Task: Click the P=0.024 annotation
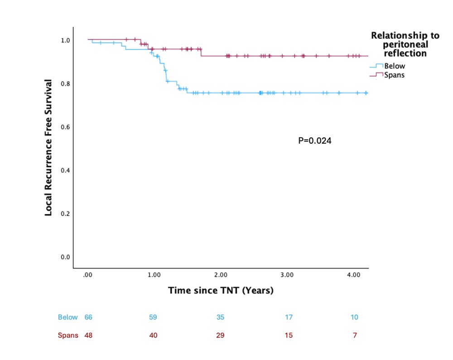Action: (315, 141)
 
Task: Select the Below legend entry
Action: (394, 66)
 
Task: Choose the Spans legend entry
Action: (394, 75)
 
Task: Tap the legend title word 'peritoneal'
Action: (405, 44)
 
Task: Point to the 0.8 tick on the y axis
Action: (66, 83)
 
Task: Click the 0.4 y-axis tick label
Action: (66, 170)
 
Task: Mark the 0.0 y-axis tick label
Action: (66, 257)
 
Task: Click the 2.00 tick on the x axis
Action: (220, 275)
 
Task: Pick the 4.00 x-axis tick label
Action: (353, 275)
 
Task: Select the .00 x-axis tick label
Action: (88, 275)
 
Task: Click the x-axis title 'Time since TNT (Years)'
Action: (221, 290)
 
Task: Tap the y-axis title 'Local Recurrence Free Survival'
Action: (48, 148)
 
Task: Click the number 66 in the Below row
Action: (88, 317)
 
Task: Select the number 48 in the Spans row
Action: (88, 336)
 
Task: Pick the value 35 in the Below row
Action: (220, 317)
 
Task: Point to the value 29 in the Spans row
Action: (220, 336)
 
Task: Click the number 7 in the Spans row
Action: (355, 336)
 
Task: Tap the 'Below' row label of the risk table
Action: (68, 317)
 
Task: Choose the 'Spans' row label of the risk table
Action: (68, 336)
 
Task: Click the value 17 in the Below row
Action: (289, 317)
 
